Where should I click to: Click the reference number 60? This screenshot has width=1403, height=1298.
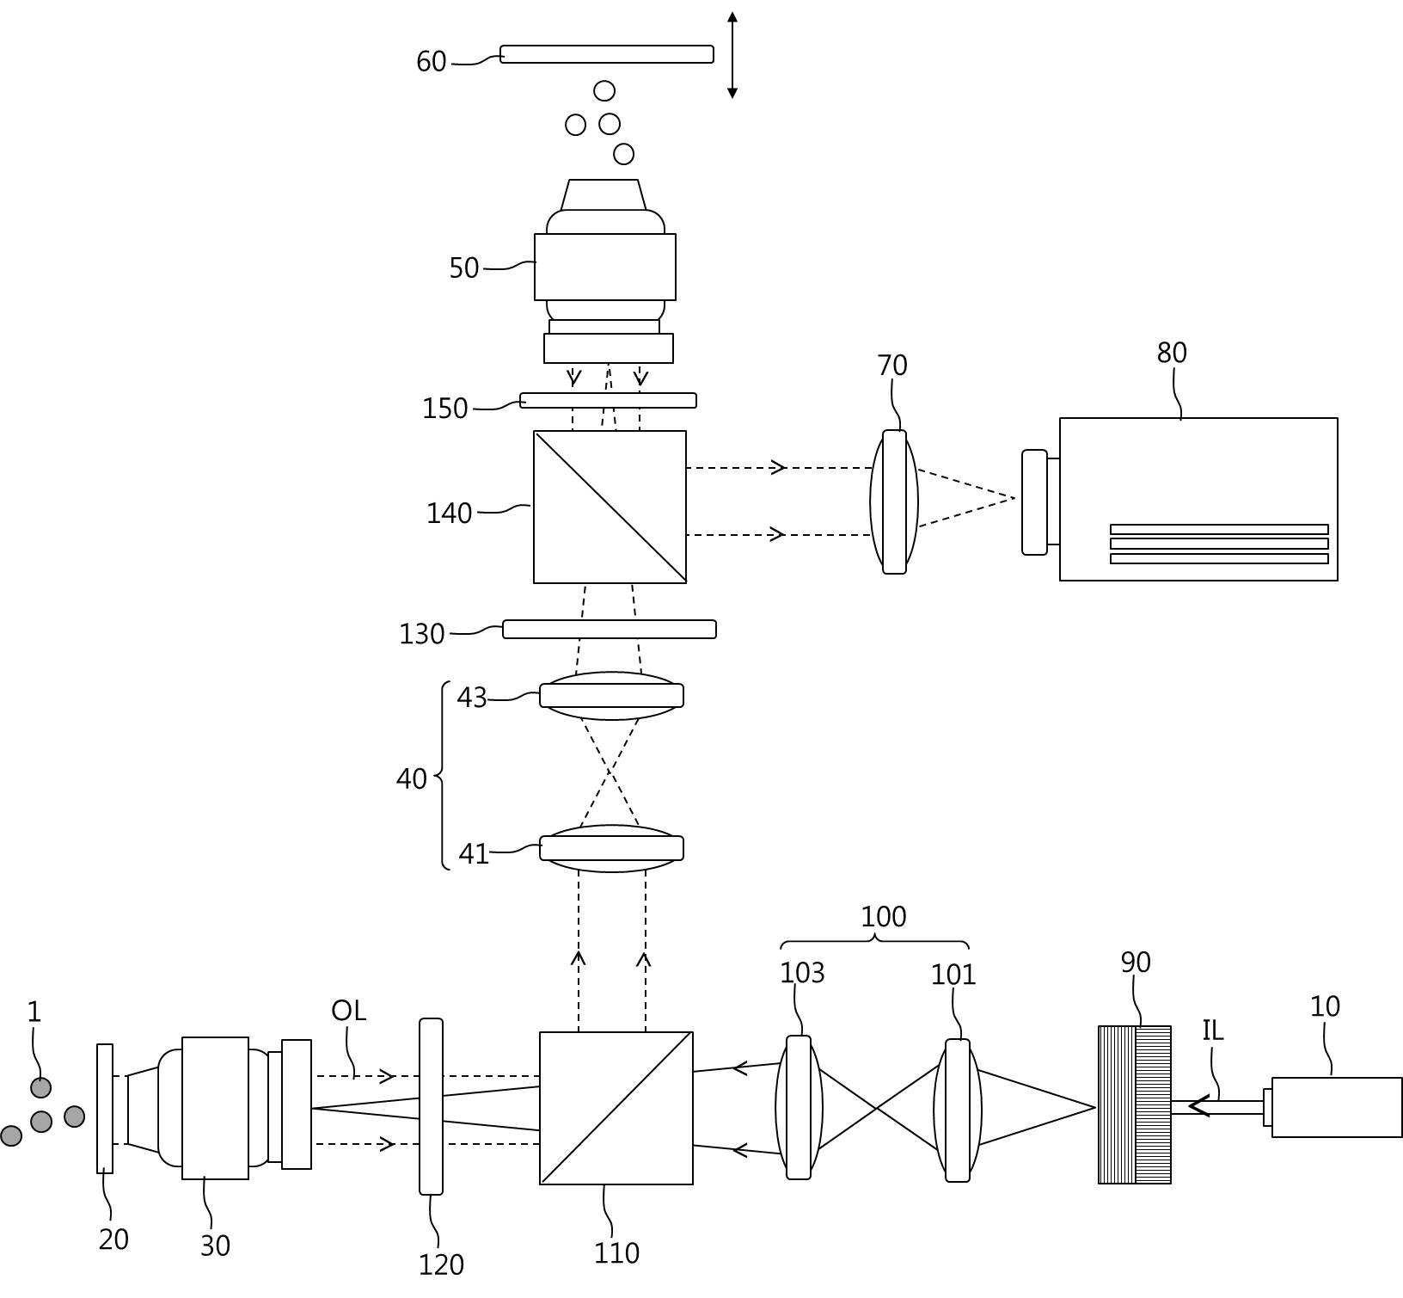[431, 62]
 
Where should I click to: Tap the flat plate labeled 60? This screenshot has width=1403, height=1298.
[607, 54]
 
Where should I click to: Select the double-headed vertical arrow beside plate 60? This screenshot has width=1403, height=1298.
[732, 55]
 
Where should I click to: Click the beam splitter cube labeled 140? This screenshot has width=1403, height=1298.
[610, 507]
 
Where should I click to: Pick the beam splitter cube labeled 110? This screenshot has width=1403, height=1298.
[616, 1108]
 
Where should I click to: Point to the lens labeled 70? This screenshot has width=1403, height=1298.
[894, 501]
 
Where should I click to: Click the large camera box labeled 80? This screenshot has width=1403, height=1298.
[1198, 500]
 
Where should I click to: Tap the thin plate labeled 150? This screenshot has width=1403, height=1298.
[609, 400]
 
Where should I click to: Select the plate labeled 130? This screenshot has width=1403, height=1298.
[610, 629]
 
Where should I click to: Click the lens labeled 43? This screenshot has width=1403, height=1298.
[611, 695]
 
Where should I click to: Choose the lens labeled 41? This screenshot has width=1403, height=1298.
[611, 848]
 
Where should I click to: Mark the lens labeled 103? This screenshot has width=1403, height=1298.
[799, 1107]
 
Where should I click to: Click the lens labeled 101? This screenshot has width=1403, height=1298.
[958, 1110]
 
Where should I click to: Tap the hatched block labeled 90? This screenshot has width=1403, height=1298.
[1135, 1104]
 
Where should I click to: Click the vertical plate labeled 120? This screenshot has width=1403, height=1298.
[431, 1106]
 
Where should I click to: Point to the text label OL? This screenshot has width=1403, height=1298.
[348, 1011]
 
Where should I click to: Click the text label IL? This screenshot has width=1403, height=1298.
[1212, 1030]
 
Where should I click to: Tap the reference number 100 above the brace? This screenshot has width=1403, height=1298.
[884, 917]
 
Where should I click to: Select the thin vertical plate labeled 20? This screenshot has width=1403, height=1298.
[105, 1108]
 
